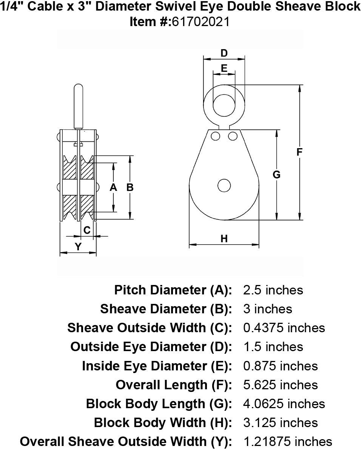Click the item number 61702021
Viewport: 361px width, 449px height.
pos(201,22)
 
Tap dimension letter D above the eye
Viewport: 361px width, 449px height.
pos(224,53)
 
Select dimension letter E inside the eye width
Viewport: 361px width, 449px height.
pos(224,68)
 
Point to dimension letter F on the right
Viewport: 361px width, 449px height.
pos(299,152)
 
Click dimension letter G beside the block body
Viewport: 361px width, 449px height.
pos(277,175)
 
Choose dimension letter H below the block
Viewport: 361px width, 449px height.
pos(224,238)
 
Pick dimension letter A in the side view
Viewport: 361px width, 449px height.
pos(113,187)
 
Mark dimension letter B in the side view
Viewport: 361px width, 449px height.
pos(130,187)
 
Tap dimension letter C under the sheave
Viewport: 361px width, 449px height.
pos(87,230)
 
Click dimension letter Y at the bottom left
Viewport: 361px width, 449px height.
pos(78,247)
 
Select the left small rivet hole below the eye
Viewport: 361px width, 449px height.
pos(216,136)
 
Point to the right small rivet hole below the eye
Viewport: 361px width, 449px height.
pos(233,136)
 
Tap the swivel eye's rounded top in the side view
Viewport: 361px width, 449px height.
pos(79,88)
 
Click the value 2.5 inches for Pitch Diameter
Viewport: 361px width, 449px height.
pos(273,290)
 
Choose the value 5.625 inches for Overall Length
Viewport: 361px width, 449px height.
pos(281,385)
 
